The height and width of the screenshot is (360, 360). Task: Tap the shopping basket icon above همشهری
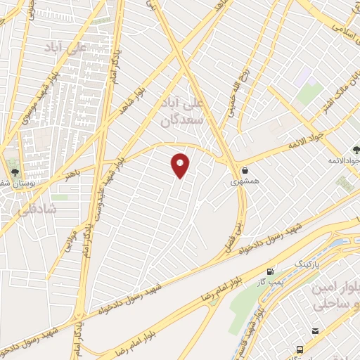click(x=245, y=170)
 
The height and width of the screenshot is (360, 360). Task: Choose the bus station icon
click(x=300, y=349)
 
